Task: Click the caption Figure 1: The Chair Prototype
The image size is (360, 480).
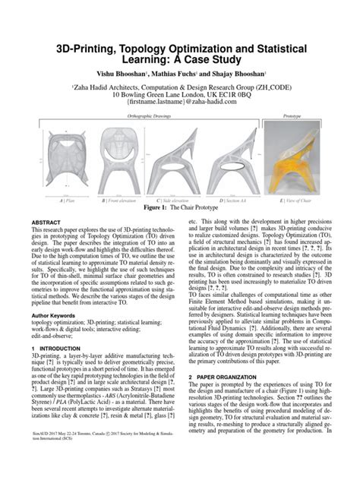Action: [179, 207]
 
